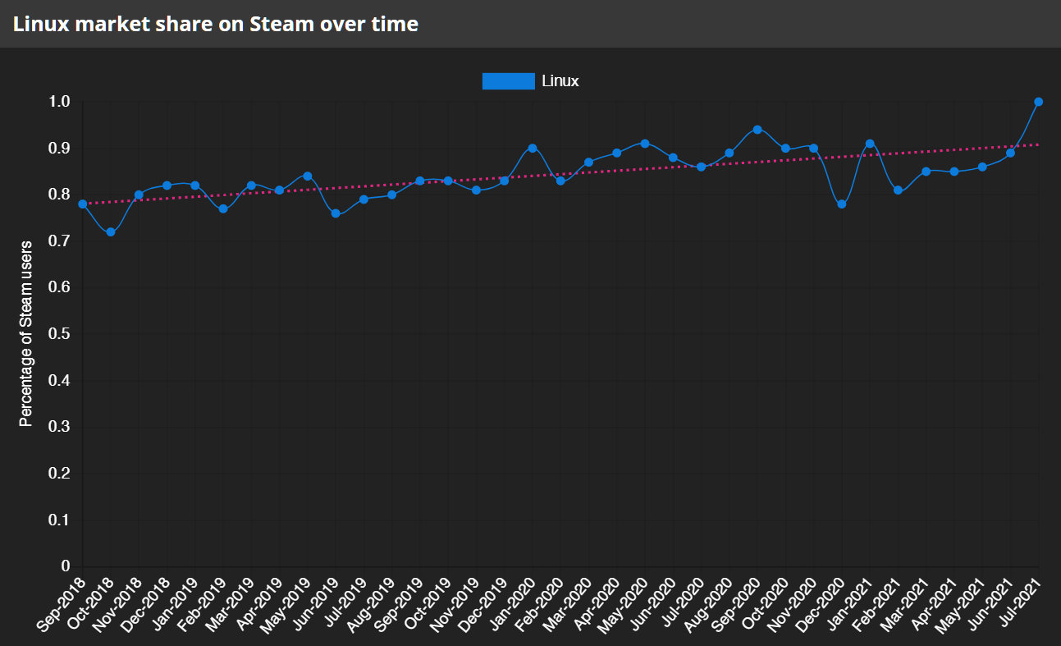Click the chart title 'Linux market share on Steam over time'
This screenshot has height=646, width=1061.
tap(216, 24)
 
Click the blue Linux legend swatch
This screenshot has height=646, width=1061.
tap(508, 81)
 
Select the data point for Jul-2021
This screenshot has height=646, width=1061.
tap(1038, 102)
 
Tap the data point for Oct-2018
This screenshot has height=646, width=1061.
tap(110, 231)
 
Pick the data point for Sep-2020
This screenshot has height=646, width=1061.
tap(757, 130)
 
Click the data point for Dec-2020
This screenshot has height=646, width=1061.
tap(842, 204)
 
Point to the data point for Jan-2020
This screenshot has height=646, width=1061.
tap(533, 149)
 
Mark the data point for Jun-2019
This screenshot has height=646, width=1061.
tap(336, 213)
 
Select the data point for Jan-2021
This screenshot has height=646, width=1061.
tap(870, 144)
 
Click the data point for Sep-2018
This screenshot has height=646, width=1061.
tap(82, 204)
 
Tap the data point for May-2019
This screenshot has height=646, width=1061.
tap(308, 176)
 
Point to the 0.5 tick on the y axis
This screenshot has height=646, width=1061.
tap(59, 333)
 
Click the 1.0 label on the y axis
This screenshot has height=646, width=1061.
tap(59, 102)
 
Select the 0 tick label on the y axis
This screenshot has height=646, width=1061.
tap(66, 566)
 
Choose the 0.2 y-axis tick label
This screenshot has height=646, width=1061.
tap(59, 473)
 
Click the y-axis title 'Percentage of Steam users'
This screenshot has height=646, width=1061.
tap(25, 333)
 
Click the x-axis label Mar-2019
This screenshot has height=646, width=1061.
tap(231, 604)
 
